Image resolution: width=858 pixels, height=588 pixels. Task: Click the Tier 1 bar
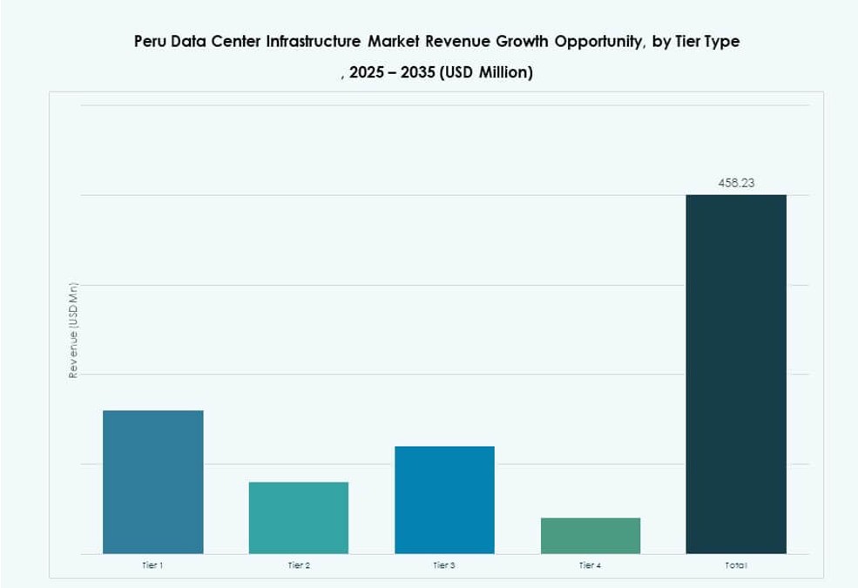[152, 482]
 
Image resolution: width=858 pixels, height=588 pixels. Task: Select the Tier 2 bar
[298, 517]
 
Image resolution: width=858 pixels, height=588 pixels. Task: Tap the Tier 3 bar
[444, 500]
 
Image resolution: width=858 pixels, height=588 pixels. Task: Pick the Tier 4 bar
[590, 536]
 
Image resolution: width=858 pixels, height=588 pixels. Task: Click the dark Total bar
[736, 374]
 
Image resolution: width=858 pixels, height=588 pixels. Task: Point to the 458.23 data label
[736, 184]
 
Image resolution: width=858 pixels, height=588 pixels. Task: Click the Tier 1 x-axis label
[152, 566]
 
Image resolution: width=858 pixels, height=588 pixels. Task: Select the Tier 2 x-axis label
[299, 566]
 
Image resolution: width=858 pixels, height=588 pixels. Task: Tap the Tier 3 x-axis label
[444, 566]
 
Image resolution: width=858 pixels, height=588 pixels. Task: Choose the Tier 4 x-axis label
[590, 566]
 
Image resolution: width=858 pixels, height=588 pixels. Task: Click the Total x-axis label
[736, 566]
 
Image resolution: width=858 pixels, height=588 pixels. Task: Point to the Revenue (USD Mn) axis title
[73, 331]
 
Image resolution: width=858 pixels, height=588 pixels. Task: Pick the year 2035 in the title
[418, 73]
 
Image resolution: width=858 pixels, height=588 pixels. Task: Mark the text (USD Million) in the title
[486, 73]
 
